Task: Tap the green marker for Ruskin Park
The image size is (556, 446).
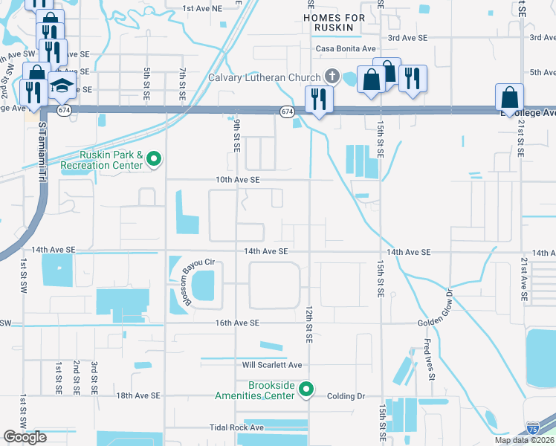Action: click(x=155, y=158)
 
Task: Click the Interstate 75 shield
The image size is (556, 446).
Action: click(x=533, y=429)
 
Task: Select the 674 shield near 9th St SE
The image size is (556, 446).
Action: click(x=287, y=111)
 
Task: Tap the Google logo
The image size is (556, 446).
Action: click(x=25, y=436)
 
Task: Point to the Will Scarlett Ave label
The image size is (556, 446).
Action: click(x=272, y=365)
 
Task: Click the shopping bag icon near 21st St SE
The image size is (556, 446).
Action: click(x=510, y=97)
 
